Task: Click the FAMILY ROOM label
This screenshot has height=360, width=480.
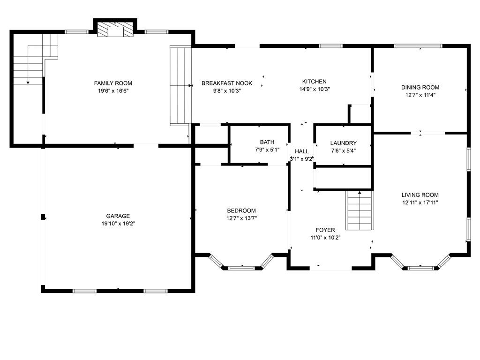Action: click(113, 83)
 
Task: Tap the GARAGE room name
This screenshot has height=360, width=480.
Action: click(118, 216)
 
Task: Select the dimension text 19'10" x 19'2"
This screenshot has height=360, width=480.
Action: click(118, 224)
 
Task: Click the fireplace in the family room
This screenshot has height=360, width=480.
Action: click(116, 29)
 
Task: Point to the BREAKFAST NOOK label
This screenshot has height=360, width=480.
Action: click(227, 83)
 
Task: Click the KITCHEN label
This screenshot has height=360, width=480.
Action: click(315, 82)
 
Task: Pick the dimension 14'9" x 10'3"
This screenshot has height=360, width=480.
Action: click(315, 89)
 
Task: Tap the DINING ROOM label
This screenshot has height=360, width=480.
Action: click(420, 88)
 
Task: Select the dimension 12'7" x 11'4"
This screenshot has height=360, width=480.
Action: click(420, 95)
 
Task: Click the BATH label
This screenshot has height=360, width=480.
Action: click(267, 142)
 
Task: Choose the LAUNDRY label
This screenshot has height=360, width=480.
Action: click(344, 143)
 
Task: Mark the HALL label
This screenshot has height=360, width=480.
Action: click(302, 151)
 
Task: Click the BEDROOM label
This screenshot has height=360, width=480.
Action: click(241, 210)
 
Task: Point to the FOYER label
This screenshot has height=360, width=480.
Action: click(325, 230)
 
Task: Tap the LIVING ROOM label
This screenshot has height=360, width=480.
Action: click(420, 195)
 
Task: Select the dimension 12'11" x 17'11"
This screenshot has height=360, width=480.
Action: click(420, 202)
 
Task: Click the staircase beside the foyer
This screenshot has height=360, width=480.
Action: click(360, 210)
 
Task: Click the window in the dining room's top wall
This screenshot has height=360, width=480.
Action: click(418, 46)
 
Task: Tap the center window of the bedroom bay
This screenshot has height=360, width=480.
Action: click(241, 268)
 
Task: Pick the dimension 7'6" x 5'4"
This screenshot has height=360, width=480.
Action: click(344, 150)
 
